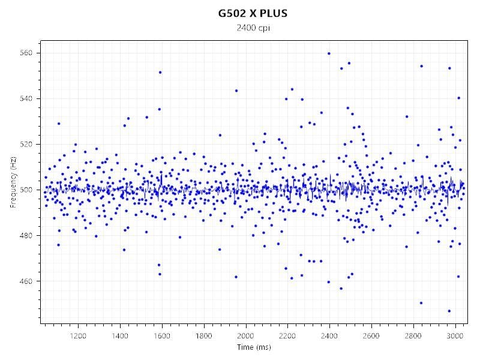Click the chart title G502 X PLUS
(x=252, y=13)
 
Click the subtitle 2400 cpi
(x=252, y=28)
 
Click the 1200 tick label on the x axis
(x=78, y=336)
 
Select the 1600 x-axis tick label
(x=162, y=336)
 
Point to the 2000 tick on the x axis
(x=245, y=336)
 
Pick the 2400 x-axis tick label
(x=329, y=336)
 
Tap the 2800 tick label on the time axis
(x=413, y=336)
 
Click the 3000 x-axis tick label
(x=455, y=336)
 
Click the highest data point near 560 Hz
(x=329, y=53)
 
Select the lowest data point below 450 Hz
(x=449, y=311)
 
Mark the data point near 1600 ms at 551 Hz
(x=160, y=73)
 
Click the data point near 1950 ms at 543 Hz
(x=236, y=91)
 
